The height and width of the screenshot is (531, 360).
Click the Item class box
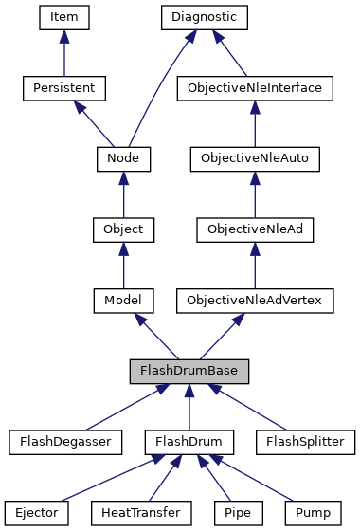pyautogui.click(x=63, y=17)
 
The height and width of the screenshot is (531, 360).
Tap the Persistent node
pyautogui.click(x=63, y=88)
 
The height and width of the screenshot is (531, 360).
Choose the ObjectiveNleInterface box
pyautogui.click(x=255, y=88)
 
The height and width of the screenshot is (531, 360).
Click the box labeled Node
pyautogui.click(x=123, y=158)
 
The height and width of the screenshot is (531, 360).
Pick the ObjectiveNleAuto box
pyautogui.click(x=255, y=158)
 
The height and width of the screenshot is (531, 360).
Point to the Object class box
pyautogui.click(x=123, y=229)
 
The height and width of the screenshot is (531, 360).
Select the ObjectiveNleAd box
pyautogui.click(x=255, y=229)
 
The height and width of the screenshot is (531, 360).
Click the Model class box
pyautogui.click(x=123, y=301)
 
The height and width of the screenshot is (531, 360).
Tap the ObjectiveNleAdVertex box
pyautogui.click(x=255, y=301)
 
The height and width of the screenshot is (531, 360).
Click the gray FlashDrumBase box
pyautogui.click(x=189, y=371)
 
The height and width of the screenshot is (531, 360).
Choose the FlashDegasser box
pyautogui.click(x=60, y=442)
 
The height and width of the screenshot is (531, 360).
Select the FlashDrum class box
pyautogui.click(x=189, y=442)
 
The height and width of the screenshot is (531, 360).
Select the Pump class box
pyautogui.click(x=312, y=513)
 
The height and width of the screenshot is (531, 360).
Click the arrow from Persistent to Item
pyautogui.click(x=63, y=53)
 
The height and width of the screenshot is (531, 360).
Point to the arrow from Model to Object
pyautogui.click(x=123, y=265)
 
